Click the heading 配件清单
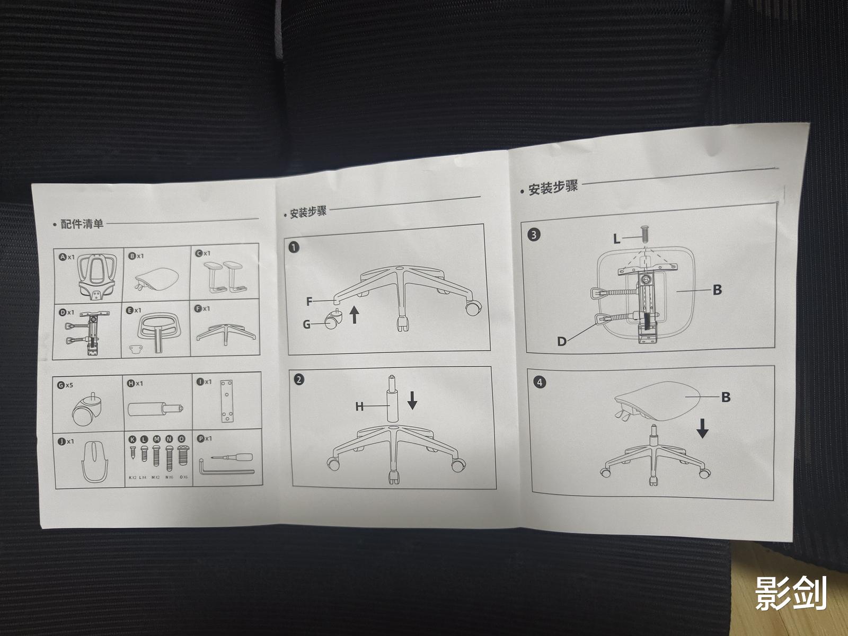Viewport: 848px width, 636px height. click(x=82, y=224)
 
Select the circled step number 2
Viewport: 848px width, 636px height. click(x=299, y=379)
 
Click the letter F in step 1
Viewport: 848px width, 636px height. click(x=310, y=302)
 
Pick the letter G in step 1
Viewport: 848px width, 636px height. click(x=307, y=323)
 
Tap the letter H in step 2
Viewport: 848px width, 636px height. click(x=359, y=407)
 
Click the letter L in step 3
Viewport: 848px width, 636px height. click(x=616, y=239)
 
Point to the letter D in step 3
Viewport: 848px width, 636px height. click(x=562, y=341)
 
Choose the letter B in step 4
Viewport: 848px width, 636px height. click(x=726, y=397)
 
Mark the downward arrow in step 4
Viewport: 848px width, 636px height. click(x=702, y=428)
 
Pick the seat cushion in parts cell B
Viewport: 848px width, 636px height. click(x=156, y=276)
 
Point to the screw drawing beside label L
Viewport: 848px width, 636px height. click(x=644, y=234)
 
